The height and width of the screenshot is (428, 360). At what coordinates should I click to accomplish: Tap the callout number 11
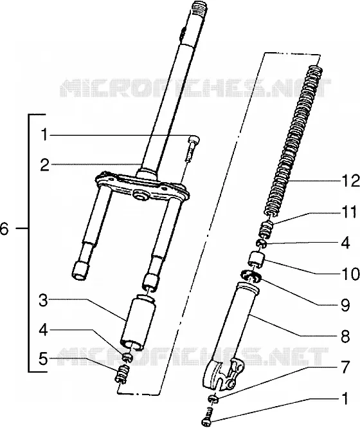[348, 212]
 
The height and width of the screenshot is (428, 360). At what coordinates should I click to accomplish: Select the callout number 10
[350, 274]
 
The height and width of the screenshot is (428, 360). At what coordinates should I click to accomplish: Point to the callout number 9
[346, 305]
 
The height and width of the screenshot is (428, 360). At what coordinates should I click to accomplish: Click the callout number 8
[345, 336]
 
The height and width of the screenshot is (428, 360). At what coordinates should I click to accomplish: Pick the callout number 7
[345, 367]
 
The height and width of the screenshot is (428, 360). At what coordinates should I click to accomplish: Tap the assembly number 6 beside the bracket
[4, 228]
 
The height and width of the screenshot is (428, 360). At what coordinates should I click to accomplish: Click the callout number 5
[43, 359]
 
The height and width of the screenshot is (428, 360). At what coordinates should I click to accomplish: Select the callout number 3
[43, 301]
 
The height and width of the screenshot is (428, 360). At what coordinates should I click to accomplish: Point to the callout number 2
[45, 165]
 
